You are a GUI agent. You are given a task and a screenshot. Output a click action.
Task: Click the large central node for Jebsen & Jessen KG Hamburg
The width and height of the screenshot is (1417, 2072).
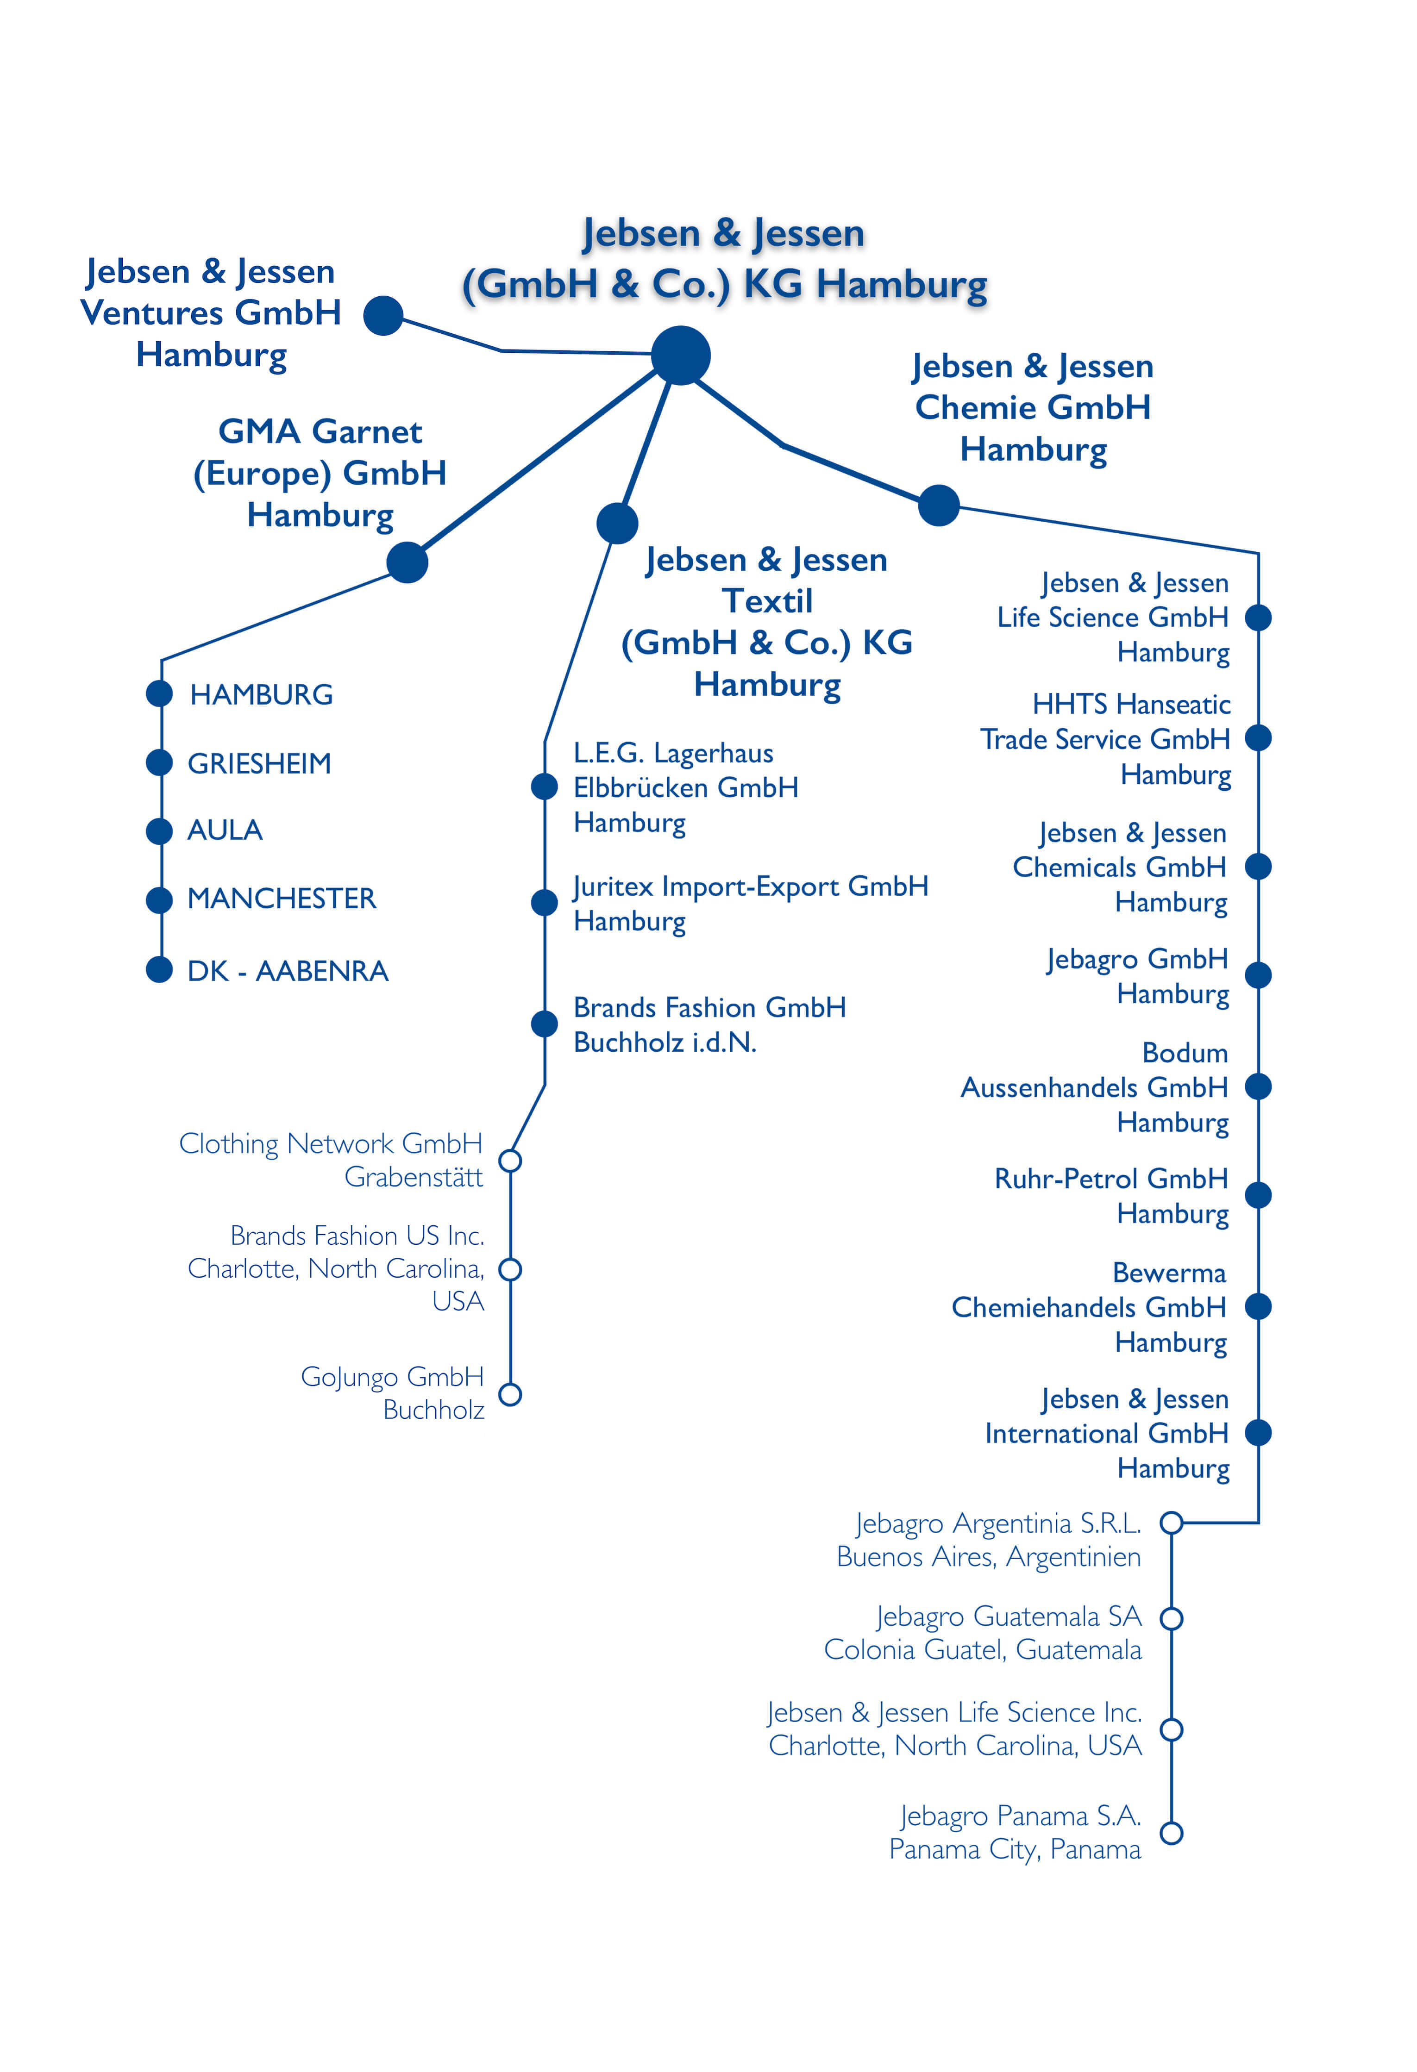(x=680, y=356)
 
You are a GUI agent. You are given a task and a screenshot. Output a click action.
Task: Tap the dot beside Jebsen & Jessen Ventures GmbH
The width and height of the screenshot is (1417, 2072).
(x=383, y=316)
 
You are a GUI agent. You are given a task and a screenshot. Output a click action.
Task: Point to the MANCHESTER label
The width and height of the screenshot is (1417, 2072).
(x=282, y=899)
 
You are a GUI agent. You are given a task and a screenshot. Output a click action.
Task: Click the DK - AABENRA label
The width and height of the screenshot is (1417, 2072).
(x=288, y=971)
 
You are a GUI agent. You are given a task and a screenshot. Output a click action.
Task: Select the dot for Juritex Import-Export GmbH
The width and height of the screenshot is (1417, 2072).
(x=544, y=902)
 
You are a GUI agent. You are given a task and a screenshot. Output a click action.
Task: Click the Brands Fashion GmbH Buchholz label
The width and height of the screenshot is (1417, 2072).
(x=710, y=1024)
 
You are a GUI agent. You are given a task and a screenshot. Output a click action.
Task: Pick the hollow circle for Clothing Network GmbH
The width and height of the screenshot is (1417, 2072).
(x=510, y=1161)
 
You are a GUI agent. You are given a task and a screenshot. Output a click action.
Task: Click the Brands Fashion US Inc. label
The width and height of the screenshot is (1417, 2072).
(x=336, y=1268)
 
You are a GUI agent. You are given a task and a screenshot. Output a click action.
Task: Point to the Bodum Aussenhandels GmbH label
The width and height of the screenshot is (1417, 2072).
(x=1095, y=1088)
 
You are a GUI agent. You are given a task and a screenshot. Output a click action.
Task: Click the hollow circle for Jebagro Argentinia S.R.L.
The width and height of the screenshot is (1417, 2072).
(x=1172, y=1523)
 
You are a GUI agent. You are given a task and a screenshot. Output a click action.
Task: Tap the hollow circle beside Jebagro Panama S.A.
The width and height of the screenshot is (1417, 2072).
(x=1172, y=1833)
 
